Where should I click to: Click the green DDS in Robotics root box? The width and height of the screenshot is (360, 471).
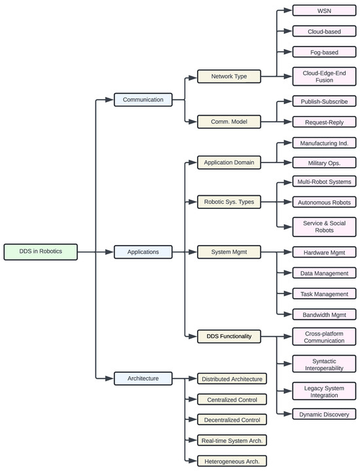click(x=41, y=251)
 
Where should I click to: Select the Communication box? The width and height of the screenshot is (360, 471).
click(x=143, y=100)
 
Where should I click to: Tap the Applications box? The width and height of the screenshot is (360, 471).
click(x=143, y=251)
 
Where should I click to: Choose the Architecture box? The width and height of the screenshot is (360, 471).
click(x=143, y=377)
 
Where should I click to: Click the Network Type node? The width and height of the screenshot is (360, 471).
click(x=229, y=77)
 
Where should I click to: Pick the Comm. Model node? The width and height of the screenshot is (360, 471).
click(x=229, y=122)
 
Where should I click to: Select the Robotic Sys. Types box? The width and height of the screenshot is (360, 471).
click(x=229, y=202)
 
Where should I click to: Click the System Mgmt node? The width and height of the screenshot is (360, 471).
click(x=229, y=251)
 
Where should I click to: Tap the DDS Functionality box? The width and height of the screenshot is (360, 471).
click(x=229, y=336)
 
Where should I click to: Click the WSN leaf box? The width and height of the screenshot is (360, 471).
click(x=324, y=10)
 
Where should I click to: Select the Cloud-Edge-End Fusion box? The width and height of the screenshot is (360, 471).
click(x=324, y=77)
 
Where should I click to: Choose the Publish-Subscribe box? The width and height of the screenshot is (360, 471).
click(x=324, y=101)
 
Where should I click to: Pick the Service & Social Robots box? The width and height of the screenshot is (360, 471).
click(x=324, y=227)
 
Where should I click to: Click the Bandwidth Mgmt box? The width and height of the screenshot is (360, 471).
click(x=324, y=314)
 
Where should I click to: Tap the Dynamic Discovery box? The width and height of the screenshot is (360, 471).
click(x=324, y=413)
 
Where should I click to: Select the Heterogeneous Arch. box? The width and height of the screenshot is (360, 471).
click(x=232, y=461)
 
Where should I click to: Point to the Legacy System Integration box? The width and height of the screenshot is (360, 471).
click(x=324, y=391)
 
